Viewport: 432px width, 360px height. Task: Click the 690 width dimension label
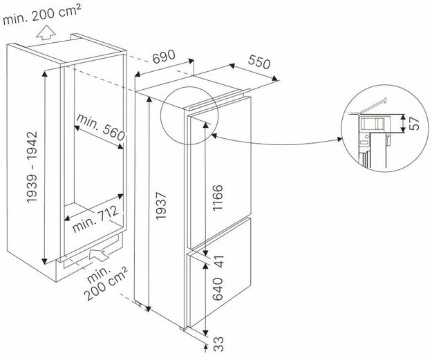[x=164, y=57]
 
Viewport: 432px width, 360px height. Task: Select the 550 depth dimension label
[x=259, y=62]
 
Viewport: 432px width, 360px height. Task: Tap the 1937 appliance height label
[x=162, y=207]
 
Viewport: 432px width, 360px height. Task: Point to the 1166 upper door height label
[x=218, y=198]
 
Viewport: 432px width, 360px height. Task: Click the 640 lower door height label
[x=218, y=289]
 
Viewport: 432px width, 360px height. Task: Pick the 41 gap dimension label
[x=219, y=261]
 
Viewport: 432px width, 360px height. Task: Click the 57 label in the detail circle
[x=413, y=123]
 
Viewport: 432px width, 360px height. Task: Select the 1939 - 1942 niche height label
[x=32, y=167]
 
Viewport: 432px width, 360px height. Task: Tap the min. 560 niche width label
[x=100, y=127]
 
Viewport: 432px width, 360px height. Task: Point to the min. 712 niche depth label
[x=96, y=219]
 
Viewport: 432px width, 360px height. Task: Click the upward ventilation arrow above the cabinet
[x=46, y=32]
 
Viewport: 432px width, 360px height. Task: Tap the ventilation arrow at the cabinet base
[x=99, y=254]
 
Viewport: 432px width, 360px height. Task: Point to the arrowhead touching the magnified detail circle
[x=339, y=140]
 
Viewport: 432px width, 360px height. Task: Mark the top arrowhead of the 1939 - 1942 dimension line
[x=44, y=73]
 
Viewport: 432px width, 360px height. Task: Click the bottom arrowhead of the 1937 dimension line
[x=149, y=309]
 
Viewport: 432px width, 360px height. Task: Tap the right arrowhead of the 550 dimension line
[x=274, y=79]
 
